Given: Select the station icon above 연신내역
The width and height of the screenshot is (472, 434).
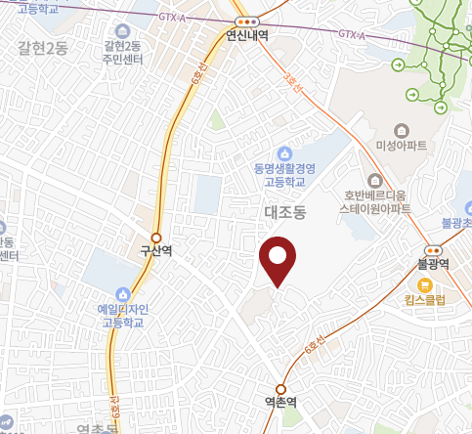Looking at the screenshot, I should tap(247, 21).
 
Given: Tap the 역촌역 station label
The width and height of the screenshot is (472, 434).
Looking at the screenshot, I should tap(280, 402).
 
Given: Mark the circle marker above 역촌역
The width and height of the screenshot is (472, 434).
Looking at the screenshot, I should tap(280, 387).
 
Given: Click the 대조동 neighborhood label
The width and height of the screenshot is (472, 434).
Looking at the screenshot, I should tap(285, 211).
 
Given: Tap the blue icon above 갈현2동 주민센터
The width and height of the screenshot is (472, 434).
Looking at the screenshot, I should tap(122, 30).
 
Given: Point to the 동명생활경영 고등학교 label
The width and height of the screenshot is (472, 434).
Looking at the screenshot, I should tap(285, 175).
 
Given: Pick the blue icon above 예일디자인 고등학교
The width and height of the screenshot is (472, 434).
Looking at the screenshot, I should tap(121, 293).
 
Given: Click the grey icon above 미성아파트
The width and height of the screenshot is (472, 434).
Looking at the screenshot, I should tap(401, 131).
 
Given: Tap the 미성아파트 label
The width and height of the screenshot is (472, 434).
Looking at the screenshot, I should tap(402, 147).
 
